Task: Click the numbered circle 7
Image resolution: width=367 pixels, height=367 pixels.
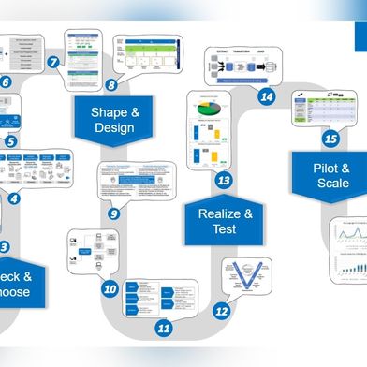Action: (53, 63)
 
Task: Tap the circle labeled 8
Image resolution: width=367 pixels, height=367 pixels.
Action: (111, 85)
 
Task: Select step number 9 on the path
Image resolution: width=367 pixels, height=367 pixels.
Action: (113, 213)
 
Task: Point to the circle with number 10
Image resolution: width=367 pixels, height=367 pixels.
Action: (110, 288)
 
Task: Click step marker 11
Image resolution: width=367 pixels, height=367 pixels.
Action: (164, 328)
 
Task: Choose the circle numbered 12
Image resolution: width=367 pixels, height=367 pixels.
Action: (221, 310)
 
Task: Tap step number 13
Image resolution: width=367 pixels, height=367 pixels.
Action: (224, 180)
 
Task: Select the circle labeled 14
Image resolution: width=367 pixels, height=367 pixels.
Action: (267, 96)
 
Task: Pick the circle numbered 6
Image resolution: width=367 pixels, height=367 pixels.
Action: (6, 82)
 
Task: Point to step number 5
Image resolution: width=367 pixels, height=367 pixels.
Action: (10, 142)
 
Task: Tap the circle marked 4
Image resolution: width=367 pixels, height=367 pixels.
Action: (13, 198)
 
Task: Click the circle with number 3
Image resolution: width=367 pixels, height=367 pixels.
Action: (5, 247)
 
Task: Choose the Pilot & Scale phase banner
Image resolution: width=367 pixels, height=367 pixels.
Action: (331, 175)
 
